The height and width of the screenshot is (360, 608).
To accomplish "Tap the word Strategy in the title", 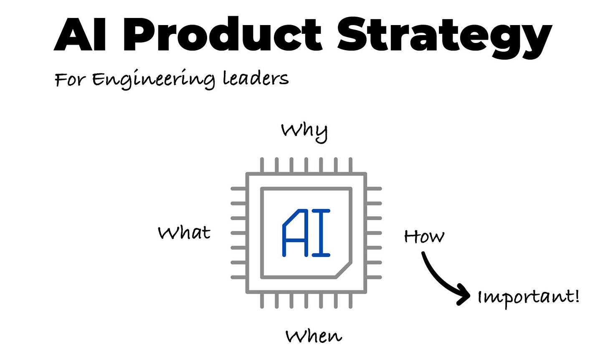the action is (445, 35).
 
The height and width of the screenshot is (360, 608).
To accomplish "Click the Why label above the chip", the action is (304, 131).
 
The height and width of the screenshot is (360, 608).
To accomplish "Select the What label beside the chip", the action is (184, 232).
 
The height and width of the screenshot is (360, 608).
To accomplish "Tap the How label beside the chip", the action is (424, 236).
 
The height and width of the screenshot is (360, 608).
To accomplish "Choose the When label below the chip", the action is (314, 336).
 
